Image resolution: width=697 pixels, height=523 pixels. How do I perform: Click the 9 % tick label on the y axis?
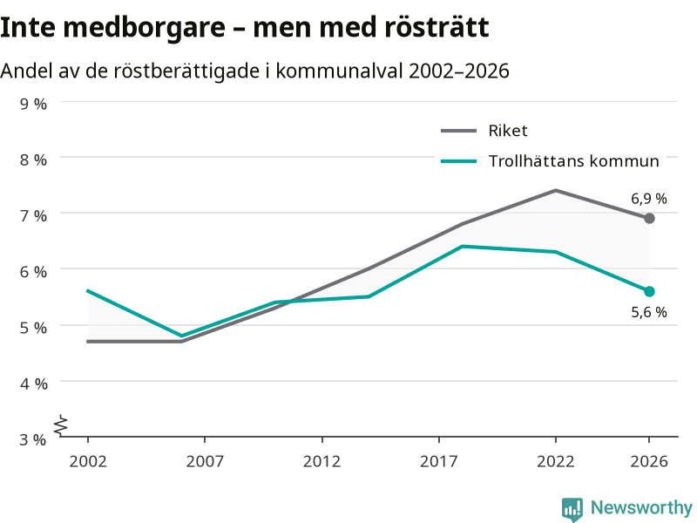33,104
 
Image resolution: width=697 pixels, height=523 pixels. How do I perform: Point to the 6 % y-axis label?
33,272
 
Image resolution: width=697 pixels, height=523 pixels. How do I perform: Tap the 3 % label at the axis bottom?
33,440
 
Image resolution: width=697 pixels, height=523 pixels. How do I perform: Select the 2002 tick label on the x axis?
88,462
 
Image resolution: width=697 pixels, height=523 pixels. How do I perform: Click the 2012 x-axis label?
321,462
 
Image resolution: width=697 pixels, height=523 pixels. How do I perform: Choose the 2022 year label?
556,462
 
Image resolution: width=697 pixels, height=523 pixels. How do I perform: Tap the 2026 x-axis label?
649,462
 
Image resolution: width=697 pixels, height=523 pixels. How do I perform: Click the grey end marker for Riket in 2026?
649,219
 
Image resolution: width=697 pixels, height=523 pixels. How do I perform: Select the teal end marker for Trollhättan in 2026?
649,292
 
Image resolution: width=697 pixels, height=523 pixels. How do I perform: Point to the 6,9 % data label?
649,199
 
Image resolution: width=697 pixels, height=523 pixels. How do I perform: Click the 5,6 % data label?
649,312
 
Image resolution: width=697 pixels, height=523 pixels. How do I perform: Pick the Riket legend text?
508,131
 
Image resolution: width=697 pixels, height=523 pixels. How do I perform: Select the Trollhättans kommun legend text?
574,161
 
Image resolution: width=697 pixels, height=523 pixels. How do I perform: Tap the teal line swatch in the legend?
459,161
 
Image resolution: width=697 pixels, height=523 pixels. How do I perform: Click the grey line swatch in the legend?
459,132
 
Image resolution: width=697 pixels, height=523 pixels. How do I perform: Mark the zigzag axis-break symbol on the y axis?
61,425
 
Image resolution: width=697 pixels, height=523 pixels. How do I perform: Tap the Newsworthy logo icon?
572,509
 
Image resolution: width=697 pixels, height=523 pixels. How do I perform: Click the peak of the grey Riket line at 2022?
556,190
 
